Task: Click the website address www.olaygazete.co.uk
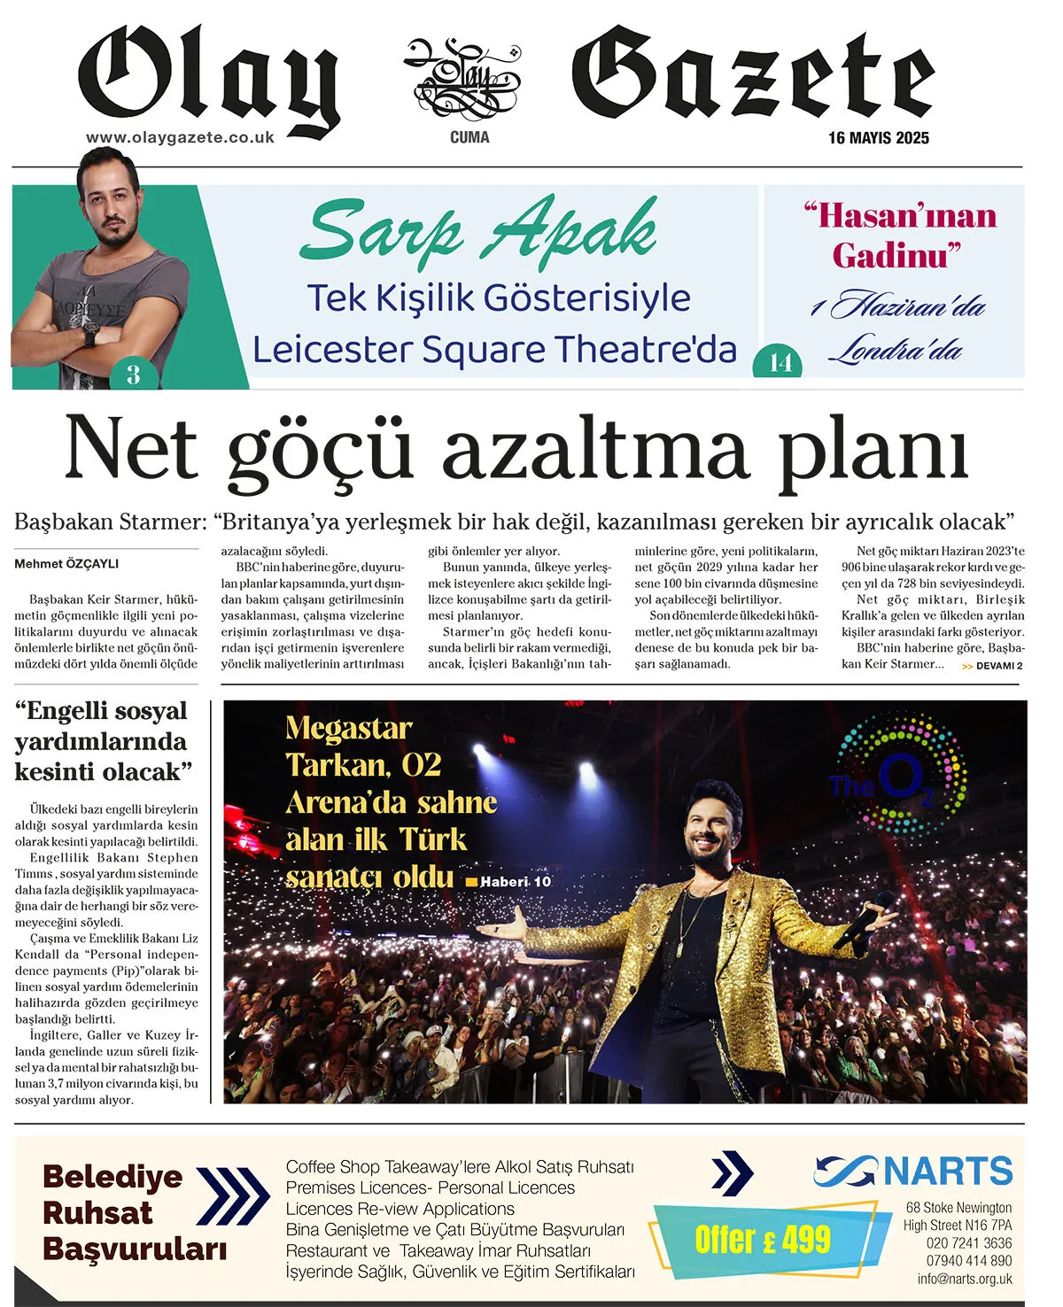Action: click(180, 138)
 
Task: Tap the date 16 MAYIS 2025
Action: click(878, 138)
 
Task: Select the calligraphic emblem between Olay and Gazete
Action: click(462, 79)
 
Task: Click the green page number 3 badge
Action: click(134, 374)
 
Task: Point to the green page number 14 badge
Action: click(780, 363)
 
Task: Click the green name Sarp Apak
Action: click(479, 230)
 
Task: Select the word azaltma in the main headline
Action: click(594, 450)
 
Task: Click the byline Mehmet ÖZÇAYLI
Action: click(66, 564)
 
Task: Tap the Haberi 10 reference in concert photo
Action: click(515, 882)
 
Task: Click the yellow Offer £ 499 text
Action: click(763, 1239)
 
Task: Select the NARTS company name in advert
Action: click(948, 1171)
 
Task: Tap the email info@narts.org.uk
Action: click(964, 1279)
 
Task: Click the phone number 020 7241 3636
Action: click(968, 1243)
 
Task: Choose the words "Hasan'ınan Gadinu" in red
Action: click(900, 236)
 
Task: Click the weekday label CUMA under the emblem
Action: click(469, 137)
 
